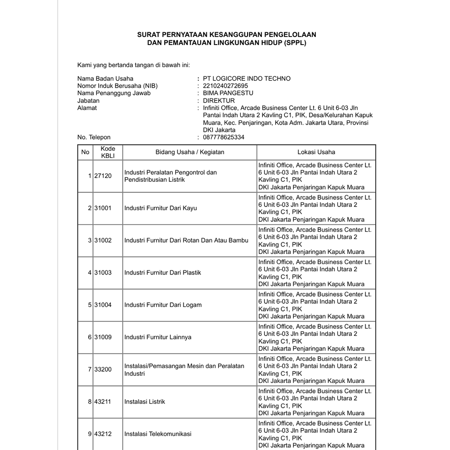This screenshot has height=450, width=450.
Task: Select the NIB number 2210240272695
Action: (225, 86)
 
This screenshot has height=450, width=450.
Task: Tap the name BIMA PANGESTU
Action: (228, 93)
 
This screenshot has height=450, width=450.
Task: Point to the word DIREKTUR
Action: (219, 101)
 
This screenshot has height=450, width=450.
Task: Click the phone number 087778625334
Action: (224, 137)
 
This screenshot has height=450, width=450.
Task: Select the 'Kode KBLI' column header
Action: (108, 152)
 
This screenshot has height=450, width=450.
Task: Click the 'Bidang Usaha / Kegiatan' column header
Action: (190, 152)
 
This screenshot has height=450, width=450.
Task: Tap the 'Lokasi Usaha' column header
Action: (316, 152)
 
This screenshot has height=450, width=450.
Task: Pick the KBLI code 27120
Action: (103, 176)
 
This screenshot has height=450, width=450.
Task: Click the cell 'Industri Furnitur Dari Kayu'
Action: (161, 208)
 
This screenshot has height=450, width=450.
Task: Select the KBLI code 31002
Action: (103, 240)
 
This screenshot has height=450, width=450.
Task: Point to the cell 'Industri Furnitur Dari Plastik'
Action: (163, 273)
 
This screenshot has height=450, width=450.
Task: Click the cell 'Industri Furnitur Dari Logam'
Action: (163, 305)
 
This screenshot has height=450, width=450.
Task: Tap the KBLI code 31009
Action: (103, 337)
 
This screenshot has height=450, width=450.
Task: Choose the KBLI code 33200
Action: (103, 369)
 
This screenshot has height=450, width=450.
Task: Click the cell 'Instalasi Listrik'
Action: (145, 402)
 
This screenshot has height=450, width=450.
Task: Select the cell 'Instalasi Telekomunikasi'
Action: (158, 434)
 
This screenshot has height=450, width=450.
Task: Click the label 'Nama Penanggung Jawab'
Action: (114, 93)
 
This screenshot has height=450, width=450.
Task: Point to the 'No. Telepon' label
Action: (94, 137)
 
